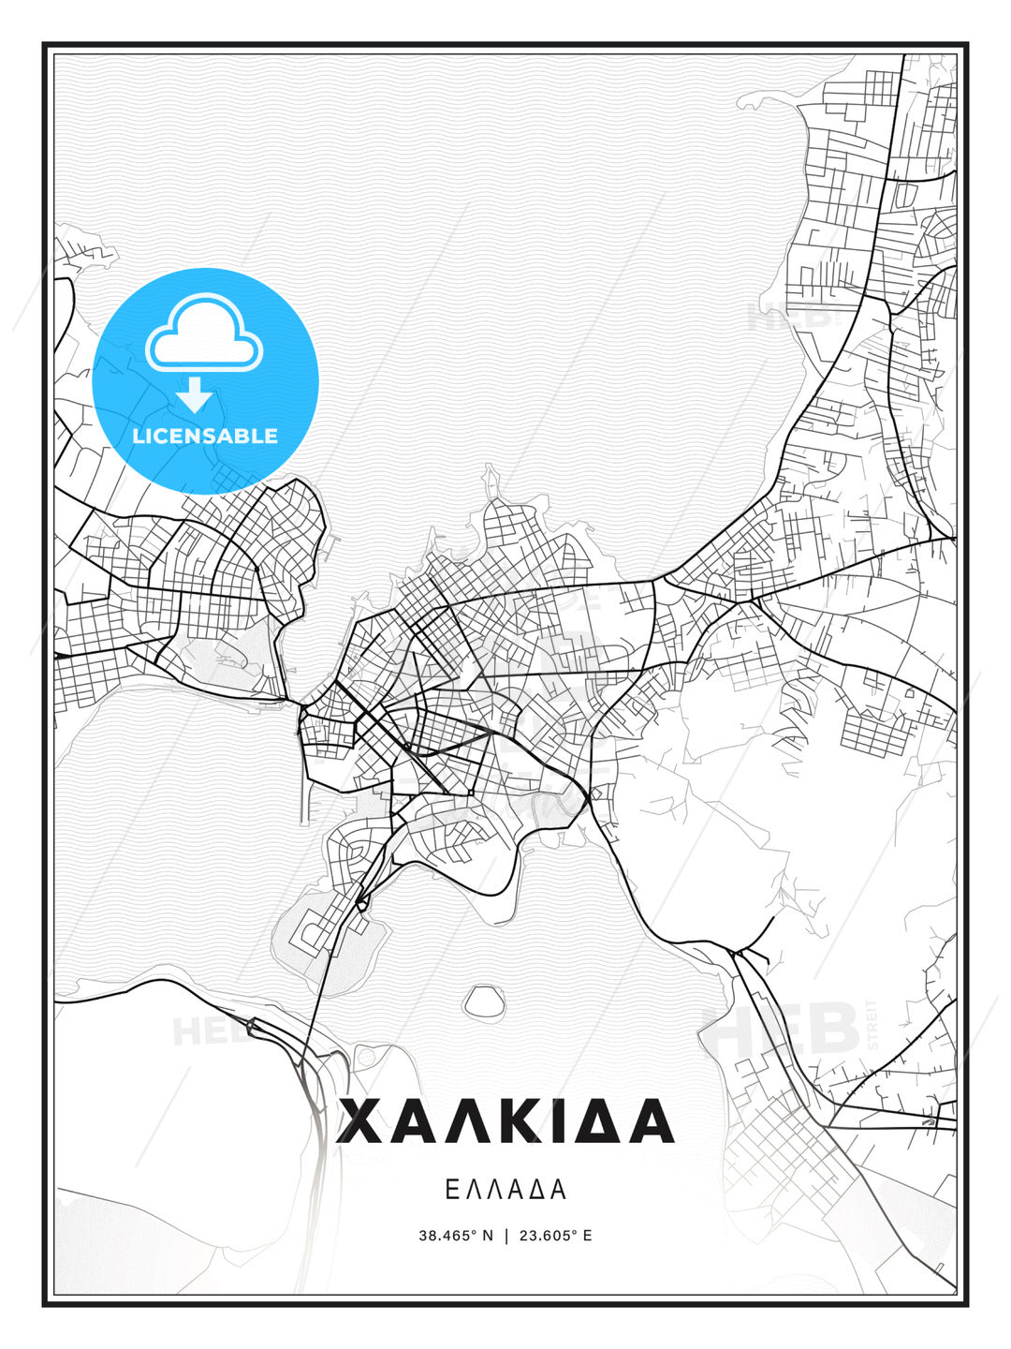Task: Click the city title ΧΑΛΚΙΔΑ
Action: coord(505,1121)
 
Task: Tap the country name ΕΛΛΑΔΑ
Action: coord(505,1190)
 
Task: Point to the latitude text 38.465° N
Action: coord(456,1236)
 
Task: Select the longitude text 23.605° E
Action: coord(555,1236)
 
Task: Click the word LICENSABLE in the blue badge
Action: coord(205,436)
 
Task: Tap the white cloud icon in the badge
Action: coord(204,334)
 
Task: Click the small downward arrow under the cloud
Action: coord(195,394)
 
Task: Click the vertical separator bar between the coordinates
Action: coord(506,1236)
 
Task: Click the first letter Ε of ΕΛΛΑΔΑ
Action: coord(451,1190)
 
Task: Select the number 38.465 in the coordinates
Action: coord(447,1236)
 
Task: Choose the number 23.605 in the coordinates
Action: coord(547,1236)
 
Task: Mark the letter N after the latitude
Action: coord(487,1236)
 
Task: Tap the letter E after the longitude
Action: coord(587,1236)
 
